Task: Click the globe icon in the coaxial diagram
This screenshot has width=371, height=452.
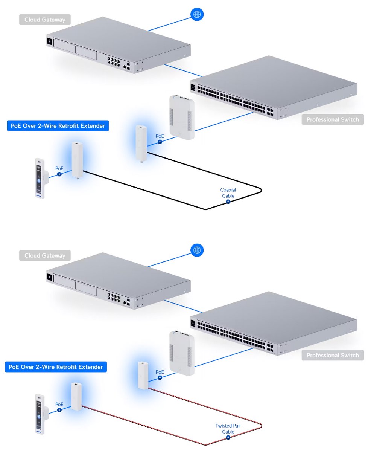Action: (196, 14)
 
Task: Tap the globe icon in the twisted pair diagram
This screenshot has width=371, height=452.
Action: (196, 250)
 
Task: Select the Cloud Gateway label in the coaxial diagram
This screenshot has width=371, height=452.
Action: (45, 20)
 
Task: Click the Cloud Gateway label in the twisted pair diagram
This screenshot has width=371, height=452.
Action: (45, 255)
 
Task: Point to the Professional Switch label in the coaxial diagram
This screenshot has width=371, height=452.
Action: (333, 120)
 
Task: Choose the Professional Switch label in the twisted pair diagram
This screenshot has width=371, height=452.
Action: (333, 355)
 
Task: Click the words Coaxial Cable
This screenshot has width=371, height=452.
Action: (228, 193)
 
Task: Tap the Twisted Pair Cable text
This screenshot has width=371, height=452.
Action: (228, 428)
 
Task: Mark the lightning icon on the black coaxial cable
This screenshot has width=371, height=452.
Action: (228, 202)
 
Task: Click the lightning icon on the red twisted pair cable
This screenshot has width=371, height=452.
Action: (228, 437)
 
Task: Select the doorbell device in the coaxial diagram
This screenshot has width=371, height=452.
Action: (39, 178)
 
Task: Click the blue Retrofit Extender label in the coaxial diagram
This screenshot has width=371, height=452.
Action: (58, 126)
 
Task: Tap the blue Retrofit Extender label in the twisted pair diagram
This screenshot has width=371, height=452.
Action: (56, 366)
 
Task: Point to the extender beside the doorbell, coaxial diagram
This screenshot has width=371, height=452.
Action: (78, 160)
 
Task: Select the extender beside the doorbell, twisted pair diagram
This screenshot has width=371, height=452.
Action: (76, 397)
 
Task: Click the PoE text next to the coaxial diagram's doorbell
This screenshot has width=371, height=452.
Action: (59, 168)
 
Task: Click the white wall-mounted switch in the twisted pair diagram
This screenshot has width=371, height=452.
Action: (182, 353)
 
